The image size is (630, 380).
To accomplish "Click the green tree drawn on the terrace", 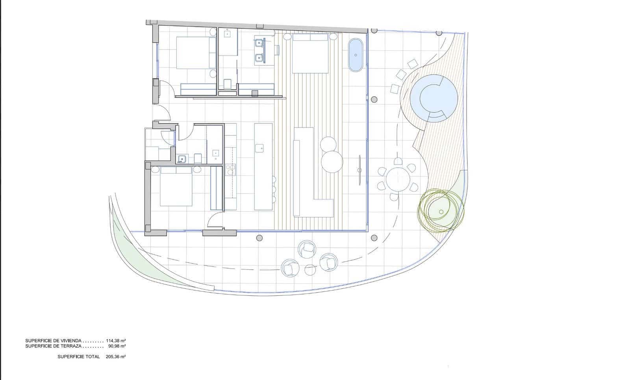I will point(441,211).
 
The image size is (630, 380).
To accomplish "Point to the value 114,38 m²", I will point(116,341).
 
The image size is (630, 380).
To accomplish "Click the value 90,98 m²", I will point(117,346).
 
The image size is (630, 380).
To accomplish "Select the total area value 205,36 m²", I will point(116,356).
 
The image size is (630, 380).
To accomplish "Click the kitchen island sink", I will point(259,148).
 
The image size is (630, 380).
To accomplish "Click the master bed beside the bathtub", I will point(310,53).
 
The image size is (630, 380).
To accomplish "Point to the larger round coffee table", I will point(332,161).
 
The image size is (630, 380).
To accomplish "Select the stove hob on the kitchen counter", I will point(230,170).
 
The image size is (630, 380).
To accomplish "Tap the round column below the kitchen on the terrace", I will point(259,238).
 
